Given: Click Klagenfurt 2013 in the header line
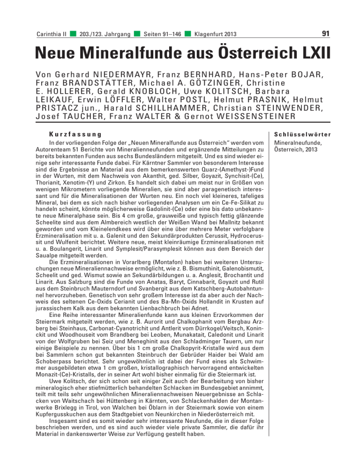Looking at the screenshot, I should point(215,34).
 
